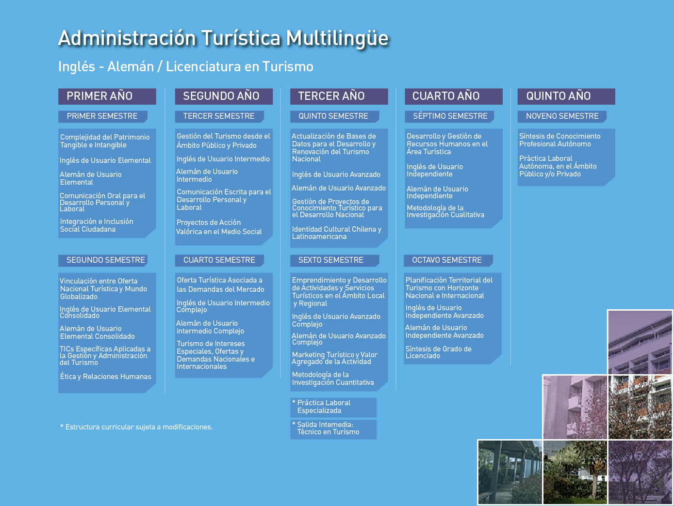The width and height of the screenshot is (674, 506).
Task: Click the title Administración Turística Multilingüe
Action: click(x=224, y=39)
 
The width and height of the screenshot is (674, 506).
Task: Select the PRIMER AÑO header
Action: click(x=107, y=96)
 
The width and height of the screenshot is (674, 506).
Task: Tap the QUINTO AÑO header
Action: click(x=566, y=96)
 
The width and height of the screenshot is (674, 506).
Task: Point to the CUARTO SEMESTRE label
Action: click(x=219, y=260)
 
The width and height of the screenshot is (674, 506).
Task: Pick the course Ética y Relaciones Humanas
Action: click(x=106, y=377)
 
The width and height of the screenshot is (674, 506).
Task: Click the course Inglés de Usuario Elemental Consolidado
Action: click(x=105, y=312)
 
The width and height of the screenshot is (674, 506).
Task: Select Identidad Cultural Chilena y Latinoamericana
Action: click(x=337, y=233)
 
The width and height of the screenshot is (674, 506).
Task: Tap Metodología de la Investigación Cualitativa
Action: click(x=445, y=211)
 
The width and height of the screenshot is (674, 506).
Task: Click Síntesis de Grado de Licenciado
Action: click(x=438, y=352)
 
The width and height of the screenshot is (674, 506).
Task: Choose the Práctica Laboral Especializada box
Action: click(x=333, y=407)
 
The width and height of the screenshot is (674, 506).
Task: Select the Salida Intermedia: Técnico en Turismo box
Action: click(x=333, y=429)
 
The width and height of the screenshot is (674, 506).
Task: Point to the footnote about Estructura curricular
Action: click(x=136, y=427)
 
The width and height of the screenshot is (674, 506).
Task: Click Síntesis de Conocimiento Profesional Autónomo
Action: click(x=559, y=140)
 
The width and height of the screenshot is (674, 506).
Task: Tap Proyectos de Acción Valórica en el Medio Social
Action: click(x=219, y=227)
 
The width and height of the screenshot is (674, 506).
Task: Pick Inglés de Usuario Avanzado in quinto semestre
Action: click(x=336, y=174)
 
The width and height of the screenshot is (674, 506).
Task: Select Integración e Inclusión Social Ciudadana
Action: click(x=97, y=225)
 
